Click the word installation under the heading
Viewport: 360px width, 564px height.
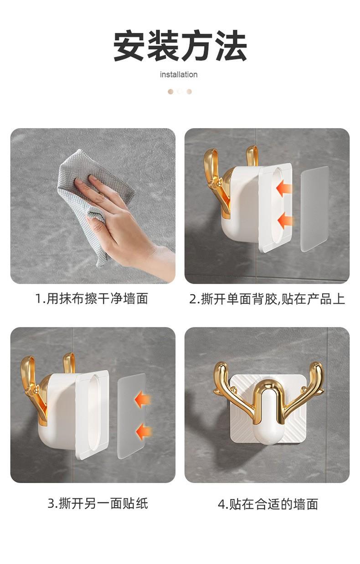tap(179, 74)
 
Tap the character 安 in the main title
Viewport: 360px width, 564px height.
tap(129, 46)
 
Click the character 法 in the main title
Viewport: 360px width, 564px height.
tap(231, 46)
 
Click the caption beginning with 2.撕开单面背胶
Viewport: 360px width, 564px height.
tap(267, 299)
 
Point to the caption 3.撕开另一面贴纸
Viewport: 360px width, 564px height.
tap(98, 503)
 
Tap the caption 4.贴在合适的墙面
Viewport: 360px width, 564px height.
tap(267, 503)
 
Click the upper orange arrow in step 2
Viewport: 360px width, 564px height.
tap(284, 188)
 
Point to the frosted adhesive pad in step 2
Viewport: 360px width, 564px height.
tap(315, 208)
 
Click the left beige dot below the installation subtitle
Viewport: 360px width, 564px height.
tap(170, 92)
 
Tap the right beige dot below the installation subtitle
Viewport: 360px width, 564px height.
tap(189, 92)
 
